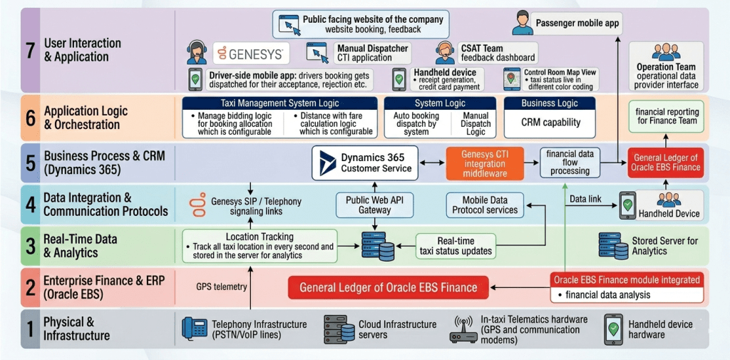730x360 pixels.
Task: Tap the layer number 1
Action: point(31,329)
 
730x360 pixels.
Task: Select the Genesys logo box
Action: point(251,53)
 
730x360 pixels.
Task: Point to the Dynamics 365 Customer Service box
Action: point(365,163)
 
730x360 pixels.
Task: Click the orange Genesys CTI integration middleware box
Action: point(485,163)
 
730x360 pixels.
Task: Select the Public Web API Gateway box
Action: point(374,205)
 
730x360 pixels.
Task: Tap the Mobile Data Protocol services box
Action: point(485,205)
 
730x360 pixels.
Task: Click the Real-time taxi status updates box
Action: point(456,245)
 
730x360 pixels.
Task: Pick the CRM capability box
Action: point(551,123)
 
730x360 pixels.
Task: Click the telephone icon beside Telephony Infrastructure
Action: point(195,328)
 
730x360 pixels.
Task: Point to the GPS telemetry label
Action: point(221,287)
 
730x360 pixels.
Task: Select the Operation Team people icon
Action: point(667,52)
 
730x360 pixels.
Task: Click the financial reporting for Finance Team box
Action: point(667,117)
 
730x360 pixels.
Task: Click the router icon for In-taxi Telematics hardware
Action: point(463,329)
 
